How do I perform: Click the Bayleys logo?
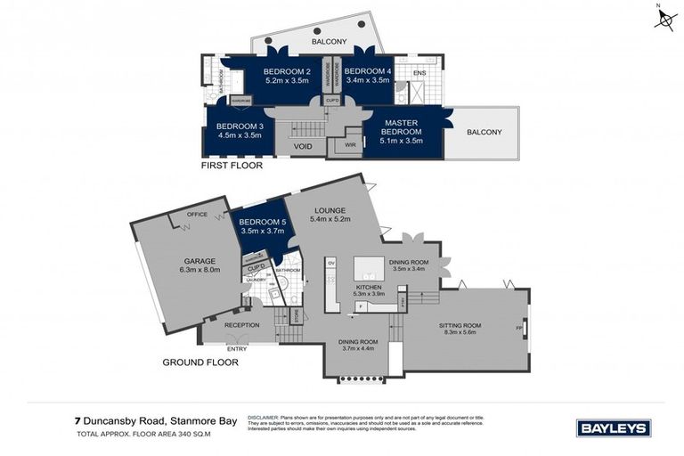coord(614,428)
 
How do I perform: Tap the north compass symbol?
coord(664,18)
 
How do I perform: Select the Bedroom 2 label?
coord(288,71)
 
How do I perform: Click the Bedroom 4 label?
coord(367,71)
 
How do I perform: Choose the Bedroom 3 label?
coord(240,126)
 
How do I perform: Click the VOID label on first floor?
coord(303,146)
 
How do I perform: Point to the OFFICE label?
coord(197,215)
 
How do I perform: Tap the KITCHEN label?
coord(369,288)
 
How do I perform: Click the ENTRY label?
coord(237,348)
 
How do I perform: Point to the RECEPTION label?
coord(241,325)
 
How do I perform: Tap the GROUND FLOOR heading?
coord(200,362)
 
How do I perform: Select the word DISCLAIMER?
coord(265,416)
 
